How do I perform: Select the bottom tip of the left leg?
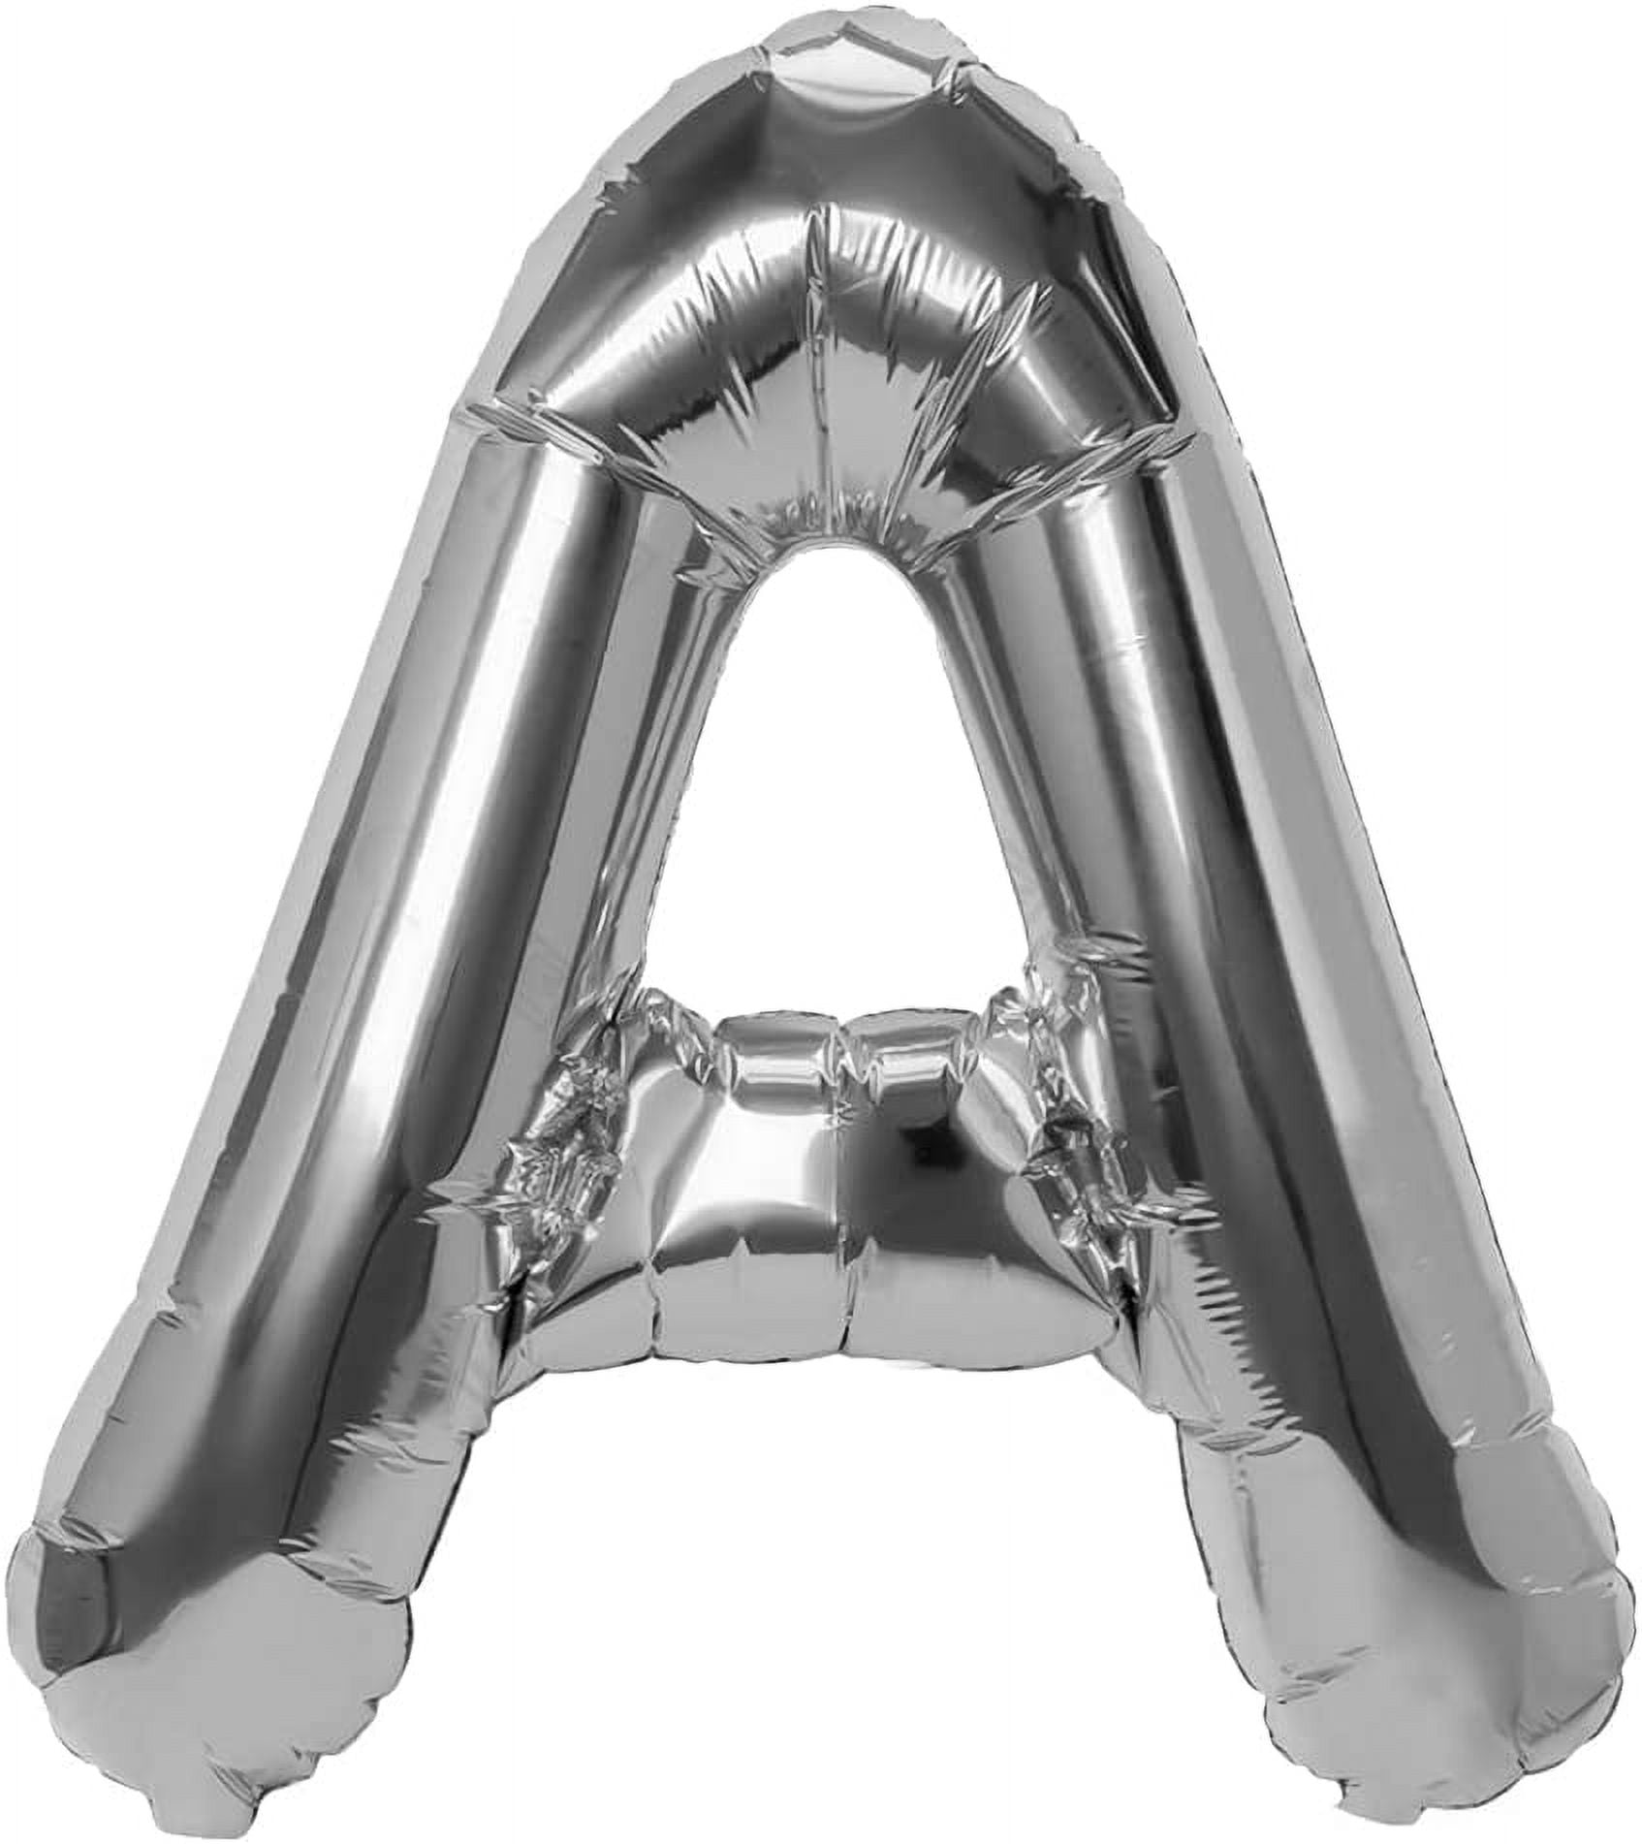point(223,1687)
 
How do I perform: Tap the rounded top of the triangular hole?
point(824,557)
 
